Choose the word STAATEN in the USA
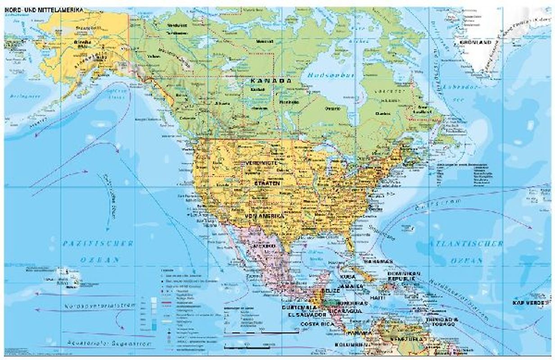[x=267, y=184]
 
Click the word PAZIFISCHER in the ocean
[x=98, y=243]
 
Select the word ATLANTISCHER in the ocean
[x=466, y=243]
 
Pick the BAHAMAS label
[x=379, y=261]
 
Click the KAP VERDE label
[x=532, y=303]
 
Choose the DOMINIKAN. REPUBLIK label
[x=404, y=276]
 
